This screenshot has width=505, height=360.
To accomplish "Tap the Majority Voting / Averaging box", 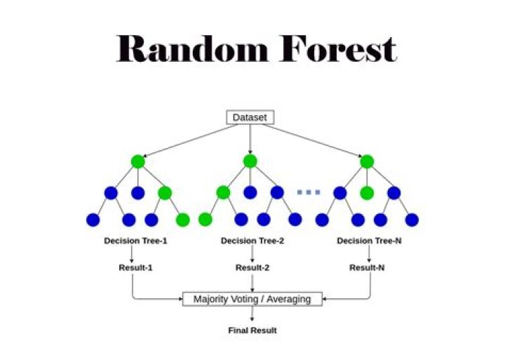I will tap(251, 299).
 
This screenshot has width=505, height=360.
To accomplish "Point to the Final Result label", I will tap(252, 330).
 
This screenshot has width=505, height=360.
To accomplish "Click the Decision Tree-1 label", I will tap(136, 241).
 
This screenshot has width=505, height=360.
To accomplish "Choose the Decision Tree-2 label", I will tap(252, 241).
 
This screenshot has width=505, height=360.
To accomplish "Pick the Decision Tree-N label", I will tap(368, 241).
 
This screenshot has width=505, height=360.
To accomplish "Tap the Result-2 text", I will tap(252, 267).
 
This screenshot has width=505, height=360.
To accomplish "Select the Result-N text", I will tap(368, 267).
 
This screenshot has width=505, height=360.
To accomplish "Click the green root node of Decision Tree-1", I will tap(137, 161).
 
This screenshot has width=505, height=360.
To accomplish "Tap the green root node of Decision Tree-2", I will tap(250, 161).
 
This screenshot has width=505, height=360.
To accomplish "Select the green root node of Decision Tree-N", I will tap(367, 161).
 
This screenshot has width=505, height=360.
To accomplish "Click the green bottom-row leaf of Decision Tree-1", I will tap(182, 220).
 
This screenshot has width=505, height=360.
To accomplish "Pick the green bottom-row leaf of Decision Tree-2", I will tap(206, 220).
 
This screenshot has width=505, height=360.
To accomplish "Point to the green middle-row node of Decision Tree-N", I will tap(367, 192).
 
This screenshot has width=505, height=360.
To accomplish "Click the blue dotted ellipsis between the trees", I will tap(309, 192).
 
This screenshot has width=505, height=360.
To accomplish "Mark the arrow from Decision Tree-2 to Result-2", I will tap(252, 254).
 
